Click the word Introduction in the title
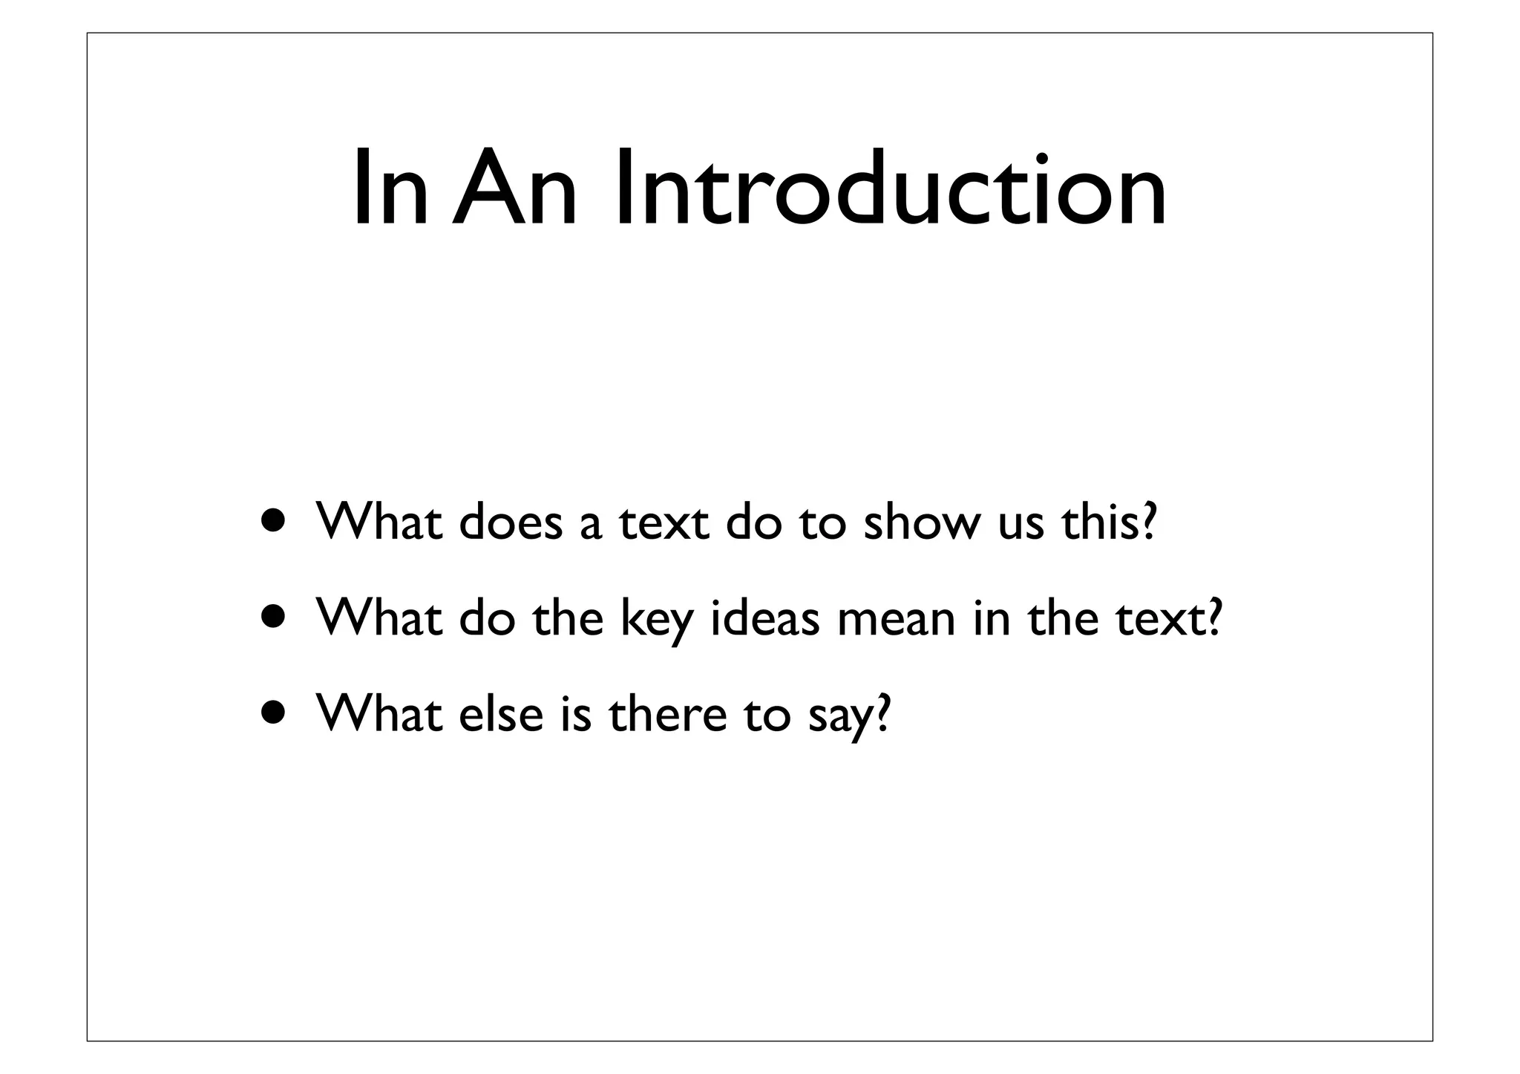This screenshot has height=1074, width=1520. pos(890,188)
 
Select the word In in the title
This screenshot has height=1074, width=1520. pos(389,188)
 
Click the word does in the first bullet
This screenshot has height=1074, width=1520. pos(511,522)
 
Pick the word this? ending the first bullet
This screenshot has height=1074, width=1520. pos(1109,522)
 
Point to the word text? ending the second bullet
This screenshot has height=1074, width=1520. pos(1169,618)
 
